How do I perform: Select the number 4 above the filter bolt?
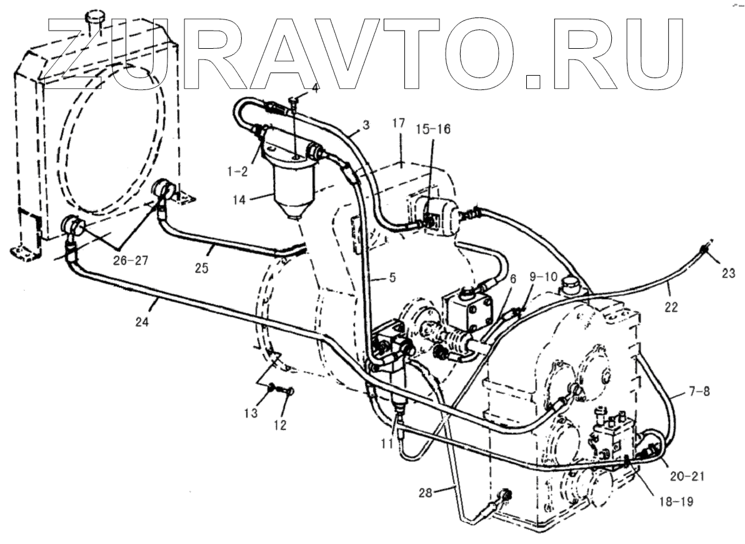click(315, 88)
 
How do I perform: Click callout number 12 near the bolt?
click(279, 425)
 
